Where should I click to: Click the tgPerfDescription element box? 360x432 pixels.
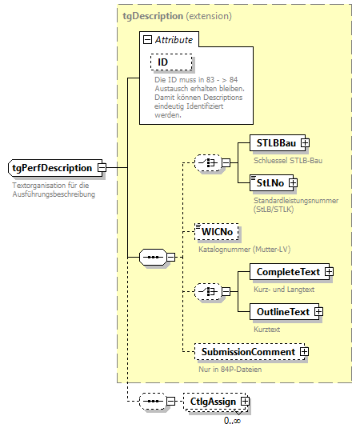pos(52,167)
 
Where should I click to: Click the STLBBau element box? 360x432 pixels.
pos(273,143)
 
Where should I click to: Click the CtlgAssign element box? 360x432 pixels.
pos(212,401)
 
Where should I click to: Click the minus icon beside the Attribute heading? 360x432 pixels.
pos(147,39)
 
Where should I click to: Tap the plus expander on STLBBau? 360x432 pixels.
pos(305,143)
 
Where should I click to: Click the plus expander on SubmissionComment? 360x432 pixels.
pos(304,352)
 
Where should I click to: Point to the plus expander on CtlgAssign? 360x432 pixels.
pos(245,401)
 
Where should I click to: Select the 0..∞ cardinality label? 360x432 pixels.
pos(233,420)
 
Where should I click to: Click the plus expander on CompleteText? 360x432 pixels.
pos(328,272)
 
